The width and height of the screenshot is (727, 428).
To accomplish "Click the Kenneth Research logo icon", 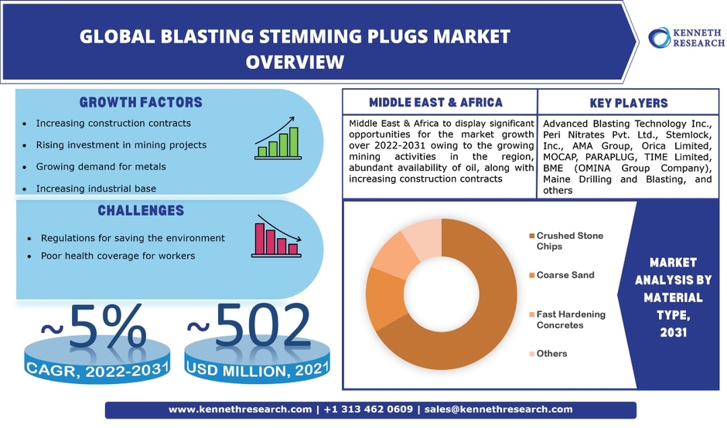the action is click(x=659, y=38).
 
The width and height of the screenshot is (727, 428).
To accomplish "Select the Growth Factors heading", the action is click(x=141, y=103).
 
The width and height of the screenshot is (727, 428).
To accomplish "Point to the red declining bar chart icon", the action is click(x=277, y=236).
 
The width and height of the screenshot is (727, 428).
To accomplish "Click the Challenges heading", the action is click(x=141, y=211).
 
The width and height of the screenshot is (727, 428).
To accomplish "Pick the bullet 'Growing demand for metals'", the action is click(x=101, y=167).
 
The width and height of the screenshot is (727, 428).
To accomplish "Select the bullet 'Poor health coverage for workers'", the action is click(x=118, y=256).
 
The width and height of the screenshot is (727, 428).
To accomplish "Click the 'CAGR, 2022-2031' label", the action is click(x=97, y=369).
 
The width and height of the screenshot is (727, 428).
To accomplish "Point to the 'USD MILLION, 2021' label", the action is click(x=258, y=369).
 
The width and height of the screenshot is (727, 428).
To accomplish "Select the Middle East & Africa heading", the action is click(x=436, y=103).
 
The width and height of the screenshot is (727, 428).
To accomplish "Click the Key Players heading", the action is click(x=629, y=103).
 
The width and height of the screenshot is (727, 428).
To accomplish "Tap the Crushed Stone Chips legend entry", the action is click(x=566, y=241).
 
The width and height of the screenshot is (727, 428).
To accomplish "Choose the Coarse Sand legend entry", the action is click(x=561, y=275).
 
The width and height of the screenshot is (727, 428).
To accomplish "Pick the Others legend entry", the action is click(x=548, y=354).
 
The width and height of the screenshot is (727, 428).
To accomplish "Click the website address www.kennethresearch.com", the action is click(x=241, y=409).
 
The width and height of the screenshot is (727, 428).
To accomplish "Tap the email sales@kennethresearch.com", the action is click(x=498, y=409).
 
